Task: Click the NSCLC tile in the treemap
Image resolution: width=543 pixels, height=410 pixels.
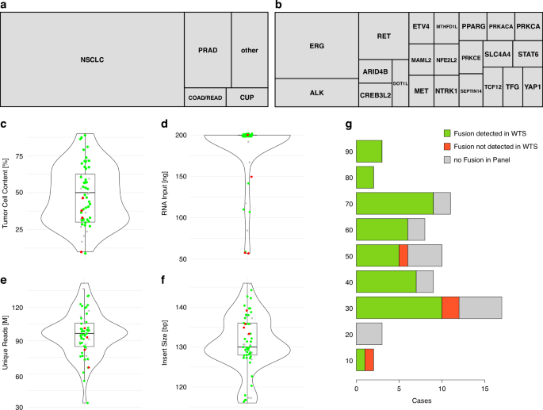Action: [92, 59]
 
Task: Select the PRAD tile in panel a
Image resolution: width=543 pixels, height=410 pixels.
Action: [207, 50]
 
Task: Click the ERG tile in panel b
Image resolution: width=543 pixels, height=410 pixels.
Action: [316, 45]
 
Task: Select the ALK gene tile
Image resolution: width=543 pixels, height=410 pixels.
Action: [316, 93]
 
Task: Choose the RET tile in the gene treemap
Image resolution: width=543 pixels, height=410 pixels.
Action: [384, 36]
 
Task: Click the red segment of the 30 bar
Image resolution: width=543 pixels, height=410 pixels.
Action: [451, 308]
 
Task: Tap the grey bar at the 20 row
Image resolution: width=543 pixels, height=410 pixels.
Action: [369, 334]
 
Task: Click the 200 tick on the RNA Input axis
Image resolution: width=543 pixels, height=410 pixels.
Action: [185, 136]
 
